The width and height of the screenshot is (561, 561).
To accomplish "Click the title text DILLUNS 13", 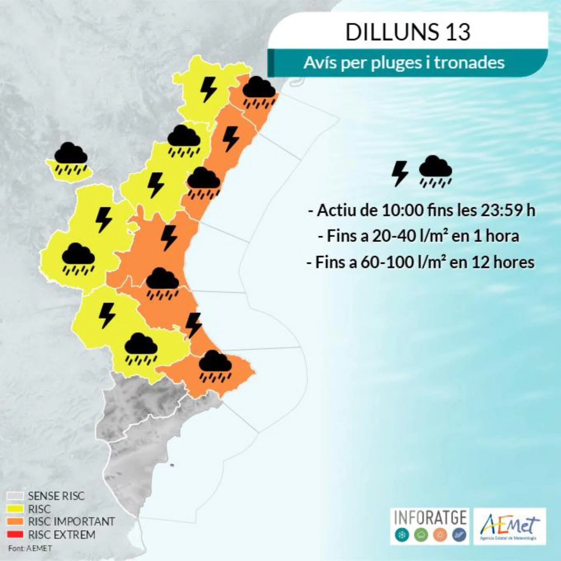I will tap(408, 32).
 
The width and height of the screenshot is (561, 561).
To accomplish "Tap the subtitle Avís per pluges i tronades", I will tap(404, 63).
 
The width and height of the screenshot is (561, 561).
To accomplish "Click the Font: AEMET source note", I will tap(30, 548).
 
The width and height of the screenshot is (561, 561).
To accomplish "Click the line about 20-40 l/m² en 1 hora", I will tap(419, 236).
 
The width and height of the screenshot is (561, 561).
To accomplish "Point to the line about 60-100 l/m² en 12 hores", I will tap(420, 262).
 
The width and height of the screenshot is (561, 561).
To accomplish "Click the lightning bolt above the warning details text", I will tap(400, 173).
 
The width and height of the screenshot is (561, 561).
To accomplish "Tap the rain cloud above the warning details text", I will tap(435, 171).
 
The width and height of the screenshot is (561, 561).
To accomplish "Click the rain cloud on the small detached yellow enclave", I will tap(71, 157).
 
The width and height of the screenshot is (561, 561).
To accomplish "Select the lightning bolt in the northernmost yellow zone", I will tap(208, 89).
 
